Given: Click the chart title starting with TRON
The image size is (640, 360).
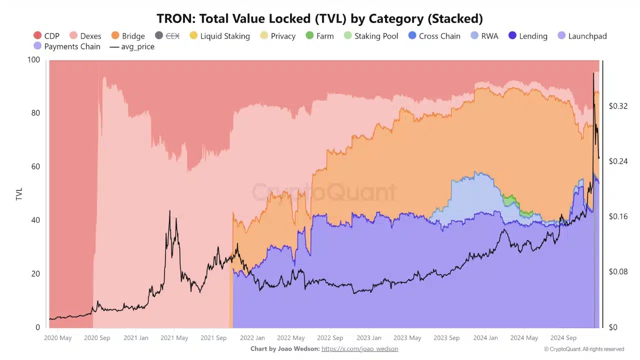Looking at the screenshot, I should coord(319,18).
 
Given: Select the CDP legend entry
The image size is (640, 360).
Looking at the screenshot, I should coord(46,36).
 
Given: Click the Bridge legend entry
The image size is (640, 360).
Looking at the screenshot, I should coord(128,36).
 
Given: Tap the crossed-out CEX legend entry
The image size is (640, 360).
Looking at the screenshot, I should coord(167,36).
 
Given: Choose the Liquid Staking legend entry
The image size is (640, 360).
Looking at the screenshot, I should coord(220,36).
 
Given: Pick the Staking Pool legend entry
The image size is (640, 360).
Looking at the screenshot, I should coord(371,36).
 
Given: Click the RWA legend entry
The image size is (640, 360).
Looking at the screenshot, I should coord(484,36).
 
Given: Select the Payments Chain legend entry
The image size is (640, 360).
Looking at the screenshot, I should coord(67,46).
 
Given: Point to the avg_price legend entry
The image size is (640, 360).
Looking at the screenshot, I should coord(132,46).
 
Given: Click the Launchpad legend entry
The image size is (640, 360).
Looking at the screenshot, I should coord(582,36).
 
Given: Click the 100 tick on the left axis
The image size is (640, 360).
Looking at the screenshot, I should coord(33,59).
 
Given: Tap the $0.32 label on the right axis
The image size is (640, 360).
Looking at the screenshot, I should coord(618,106).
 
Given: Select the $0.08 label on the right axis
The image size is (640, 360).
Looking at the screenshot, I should coord(618,272).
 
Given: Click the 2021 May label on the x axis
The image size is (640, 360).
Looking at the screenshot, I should coord(174,337).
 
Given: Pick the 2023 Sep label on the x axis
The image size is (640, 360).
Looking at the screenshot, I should coord(446,337).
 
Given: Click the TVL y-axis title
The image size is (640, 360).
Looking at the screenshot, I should coord(19,194).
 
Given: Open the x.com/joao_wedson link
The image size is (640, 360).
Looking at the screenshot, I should coord(359,348).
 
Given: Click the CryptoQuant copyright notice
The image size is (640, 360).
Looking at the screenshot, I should coord(583,349).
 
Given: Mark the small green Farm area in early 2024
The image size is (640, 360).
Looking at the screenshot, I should coord(509,200).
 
